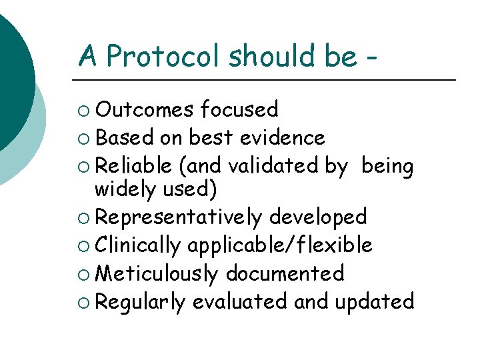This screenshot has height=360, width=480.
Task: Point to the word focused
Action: point(239,109)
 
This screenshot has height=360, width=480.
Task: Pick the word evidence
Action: point(282,137)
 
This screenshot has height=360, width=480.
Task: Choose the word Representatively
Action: point(179,217)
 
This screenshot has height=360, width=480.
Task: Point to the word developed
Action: point(318,217)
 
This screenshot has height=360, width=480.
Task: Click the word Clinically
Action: point(138,246)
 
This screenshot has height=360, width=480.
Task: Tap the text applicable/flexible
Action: point(279,246)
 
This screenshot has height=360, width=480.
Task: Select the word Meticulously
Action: point(157,274)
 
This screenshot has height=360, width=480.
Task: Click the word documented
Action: point(285,273)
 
